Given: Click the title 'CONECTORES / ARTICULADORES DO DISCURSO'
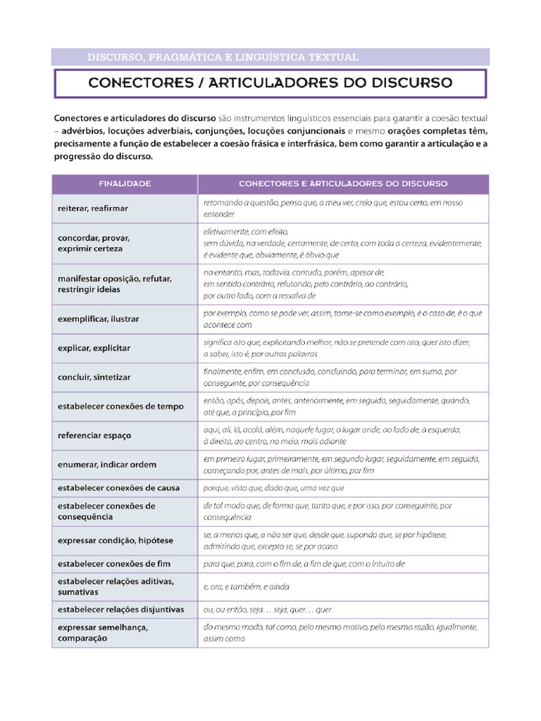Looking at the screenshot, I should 270,83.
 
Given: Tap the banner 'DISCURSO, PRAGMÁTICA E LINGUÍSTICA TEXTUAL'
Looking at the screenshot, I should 223,56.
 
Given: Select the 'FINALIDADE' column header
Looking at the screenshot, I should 125,184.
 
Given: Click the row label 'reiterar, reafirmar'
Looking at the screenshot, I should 93,208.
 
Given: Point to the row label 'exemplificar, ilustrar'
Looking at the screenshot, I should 99,319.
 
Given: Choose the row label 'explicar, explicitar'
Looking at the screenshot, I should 94,348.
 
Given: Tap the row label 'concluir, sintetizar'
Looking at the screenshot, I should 94,377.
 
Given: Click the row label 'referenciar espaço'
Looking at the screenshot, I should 94,436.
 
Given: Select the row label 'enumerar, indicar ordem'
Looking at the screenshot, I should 107,465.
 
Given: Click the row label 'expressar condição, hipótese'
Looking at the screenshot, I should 116,540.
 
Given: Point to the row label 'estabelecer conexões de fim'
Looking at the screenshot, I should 114,564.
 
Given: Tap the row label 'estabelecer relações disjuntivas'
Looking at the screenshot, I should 120,610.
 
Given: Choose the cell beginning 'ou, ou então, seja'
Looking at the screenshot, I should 268,610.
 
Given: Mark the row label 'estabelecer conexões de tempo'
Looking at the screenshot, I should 120,406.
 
